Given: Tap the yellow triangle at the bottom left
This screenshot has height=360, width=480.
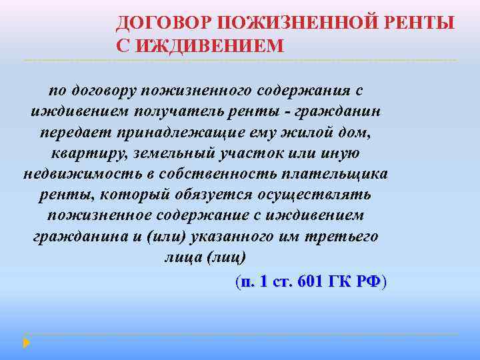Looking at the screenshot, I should tap(27, 342).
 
